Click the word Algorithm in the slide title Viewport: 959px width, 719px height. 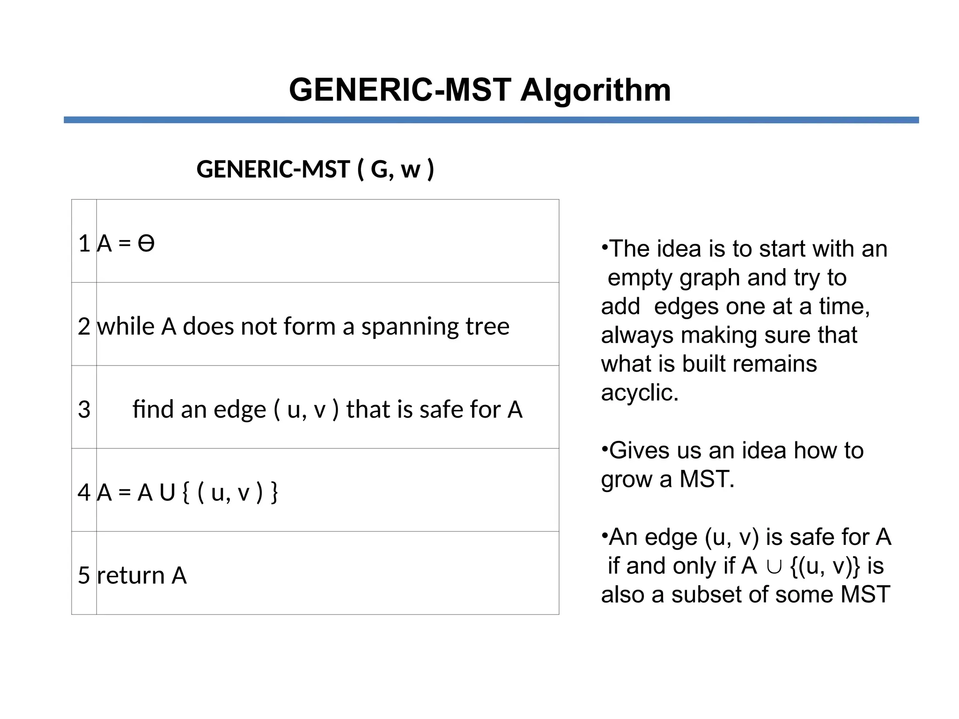pos(596,90)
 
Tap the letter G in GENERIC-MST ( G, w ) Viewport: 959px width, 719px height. pos(380,169)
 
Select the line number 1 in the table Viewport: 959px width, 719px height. pos(84,243)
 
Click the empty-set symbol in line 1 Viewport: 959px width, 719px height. pos(146,243)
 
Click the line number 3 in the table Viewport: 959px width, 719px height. pos(84,410)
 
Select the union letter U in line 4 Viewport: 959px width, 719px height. pos(167,492)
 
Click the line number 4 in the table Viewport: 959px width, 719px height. pos(84,492)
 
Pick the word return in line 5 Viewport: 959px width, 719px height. pos(131,575)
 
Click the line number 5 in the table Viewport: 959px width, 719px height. pos(84,575)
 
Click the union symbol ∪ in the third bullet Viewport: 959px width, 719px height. pos(774,566)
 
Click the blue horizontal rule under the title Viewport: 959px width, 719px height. pos(491,120)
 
